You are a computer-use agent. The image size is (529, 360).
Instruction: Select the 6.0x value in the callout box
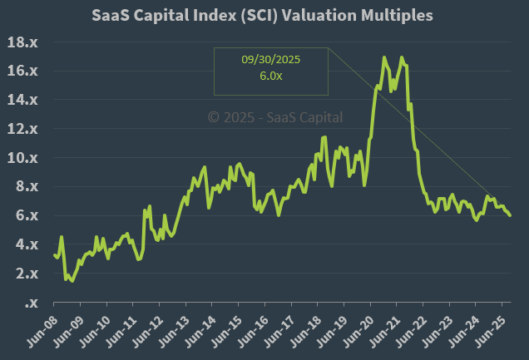(x=269, y=76)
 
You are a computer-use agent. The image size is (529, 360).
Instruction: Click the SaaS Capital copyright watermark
(x=274, y=118)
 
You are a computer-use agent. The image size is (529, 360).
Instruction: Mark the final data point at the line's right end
(x=510, y=215)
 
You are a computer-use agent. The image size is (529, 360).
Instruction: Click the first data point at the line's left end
(x=54, y=254)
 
